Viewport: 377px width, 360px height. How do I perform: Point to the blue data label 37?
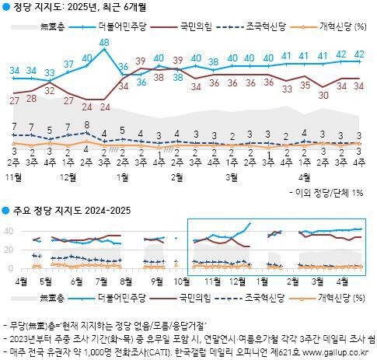(x=68, y=64)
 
